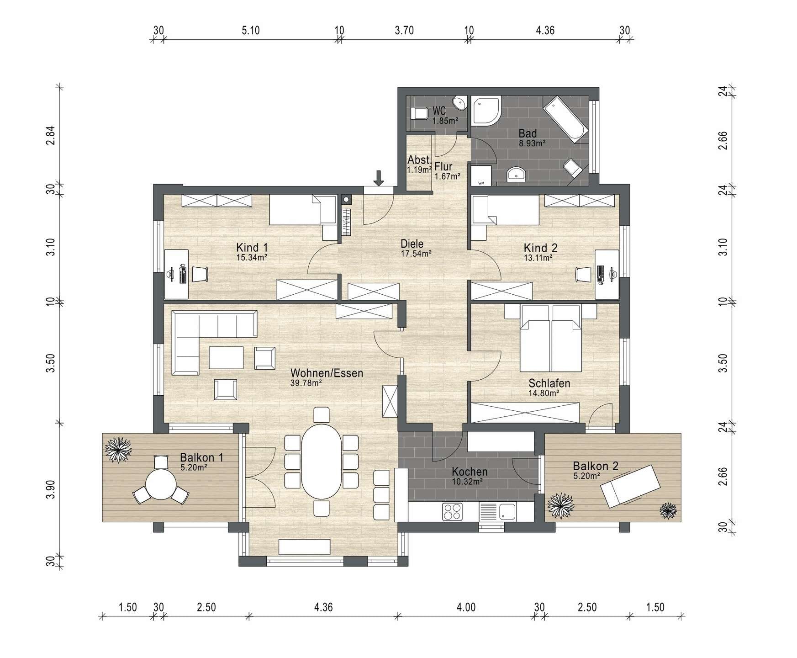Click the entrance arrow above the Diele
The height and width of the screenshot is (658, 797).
(x=378, y=178)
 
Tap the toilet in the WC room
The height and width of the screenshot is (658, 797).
(x=417, y=113)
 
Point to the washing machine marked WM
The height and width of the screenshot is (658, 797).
(x=481, y=176)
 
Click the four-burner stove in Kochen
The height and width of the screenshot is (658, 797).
(x=452, y=511)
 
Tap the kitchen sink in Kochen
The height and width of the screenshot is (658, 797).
(x=497, y=511)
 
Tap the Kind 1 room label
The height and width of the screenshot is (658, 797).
(x=252, y=248)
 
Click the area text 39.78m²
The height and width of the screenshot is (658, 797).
(x=306, y=383)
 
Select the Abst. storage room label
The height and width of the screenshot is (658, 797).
(x=419, y=160)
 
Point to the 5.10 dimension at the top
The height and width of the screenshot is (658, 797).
(x=250, y=30)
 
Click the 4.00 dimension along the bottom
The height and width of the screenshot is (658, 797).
(x=466, y=607)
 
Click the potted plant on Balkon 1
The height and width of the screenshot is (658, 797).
(x=118, y=450)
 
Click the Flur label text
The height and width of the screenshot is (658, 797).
(x=443, y=166)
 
